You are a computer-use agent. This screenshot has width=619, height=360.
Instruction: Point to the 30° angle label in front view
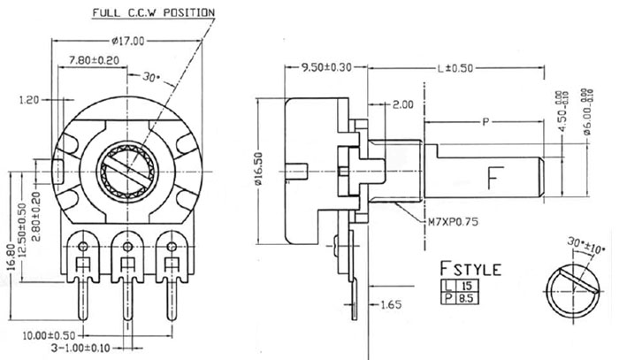point(150,77)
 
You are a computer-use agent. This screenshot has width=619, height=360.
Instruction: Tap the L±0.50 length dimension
point(458,66)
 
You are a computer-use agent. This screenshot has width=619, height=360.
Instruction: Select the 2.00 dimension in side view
point(402,104)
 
